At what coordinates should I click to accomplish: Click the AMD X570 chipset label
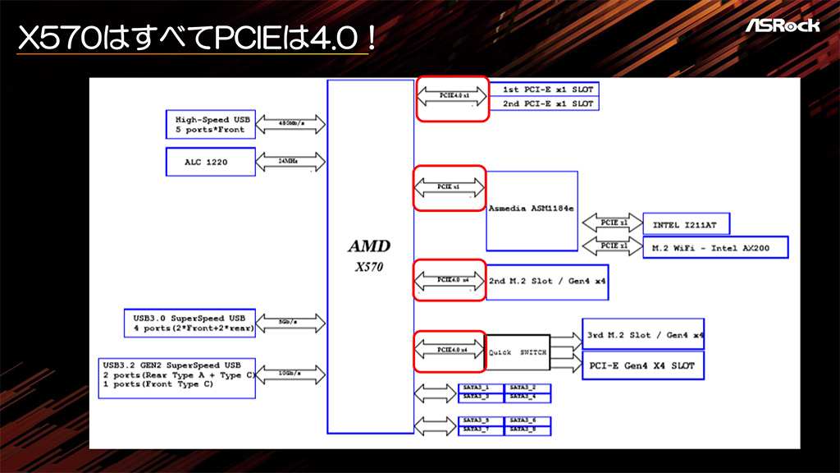coord(370,255)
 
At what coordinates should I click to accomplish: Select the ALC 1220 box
coord(210,162)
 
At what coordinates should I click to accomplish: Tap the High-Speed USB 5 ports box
coord(210,124)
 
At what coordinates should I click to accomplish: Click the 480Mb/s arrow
coord(291,124)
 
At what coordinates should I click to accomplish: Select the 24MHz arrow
coord(291,162)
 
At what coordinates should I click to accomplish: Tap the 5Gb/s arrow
coord(291,322)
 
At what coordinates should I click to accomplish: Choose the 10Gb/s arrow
coord(291,374)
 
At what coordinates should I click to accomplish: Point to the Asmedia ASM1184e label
coord(532,210)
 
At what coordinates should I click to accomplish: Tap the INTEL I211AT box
coord(686,223)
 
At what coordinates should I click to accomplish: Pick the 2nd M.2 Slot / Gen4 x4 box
coord(547,282)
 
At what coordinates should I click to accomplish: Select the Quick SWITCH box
coord(518,352)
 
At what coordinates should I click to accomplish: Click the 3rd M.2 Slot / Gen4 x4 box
coord(643,335)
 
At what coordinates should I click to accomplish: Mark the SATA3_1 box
coord(477,388)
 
